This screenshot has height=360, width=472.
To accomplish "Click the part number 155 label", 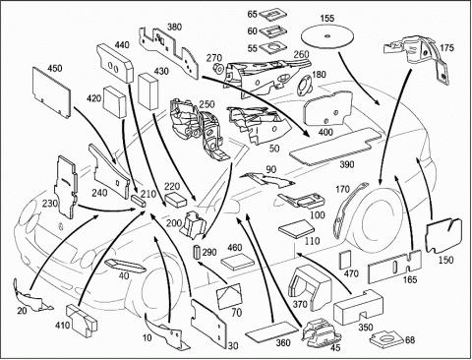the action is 327,18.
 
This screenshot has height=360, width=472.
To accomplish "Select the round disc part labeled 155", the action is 327,36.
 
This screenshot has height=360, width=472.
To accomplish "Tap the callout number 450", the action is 55,68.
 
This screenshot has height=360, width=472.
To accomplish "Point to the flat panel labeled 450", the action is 51,92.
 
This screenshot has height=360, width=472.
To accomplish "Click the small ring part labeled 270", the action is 218,68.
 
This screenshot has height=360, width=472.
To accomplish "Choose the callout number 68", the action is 410,340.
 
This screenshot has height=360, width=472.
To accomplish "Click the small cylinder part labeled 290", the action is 197,252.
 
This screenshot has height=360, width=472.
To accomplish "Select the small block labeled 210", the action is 139,200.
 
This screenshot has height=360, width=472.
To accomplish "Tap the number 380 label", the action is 174,27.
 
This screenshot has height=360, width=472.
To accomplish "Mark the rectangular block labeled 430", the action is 148,91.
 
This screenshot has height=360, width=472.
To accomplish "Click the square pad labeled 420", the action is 115,102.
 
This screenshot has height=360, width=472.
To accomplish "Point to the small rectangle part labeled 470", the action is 345,260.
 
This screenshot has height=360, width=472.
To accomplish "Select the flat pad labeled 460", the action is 238,261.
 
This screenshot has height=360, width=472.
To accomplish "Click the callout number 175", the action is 447,47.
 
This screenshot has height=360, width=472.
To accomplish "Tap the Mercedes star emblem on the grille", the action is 60,226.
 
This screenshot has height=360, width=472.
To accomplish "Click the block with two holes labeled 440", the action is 115,64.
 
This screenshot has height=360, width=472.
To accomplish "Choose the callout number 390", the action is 346,164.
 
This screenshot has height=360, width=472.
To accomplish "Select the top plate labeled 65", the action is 273,15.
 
